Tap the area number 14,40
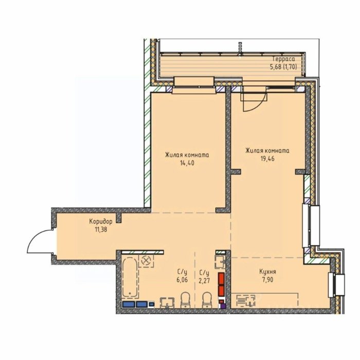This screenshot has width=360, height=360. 187,163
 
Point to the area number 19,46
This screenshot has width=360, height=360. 267,158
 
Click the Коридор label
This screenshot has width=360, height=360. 101,222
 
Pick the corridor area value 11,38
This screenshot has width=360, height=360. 101,229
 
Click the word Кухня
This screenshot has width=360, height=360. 267,272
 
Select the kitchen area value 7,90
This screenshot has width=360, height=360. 267,280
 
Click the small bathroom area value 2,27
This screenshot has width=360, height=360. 204,281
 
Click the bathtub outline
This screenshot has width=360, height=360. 130,278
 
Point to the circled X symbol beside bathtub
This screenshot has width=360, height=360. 146,261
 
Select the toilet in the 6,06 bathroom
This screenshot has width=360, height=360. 185,300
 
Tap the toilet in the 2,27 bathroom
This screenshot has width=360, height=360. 207,300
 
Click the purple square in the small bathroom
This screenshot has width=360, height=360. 223,305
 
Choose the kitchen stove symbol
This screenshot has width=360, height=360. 246,301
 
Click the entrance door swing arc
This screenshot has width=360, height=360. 34,237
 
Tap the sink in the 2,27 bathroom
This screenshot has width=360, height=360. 220,262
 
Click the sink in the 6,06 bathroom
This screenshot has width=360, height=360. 167,302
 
